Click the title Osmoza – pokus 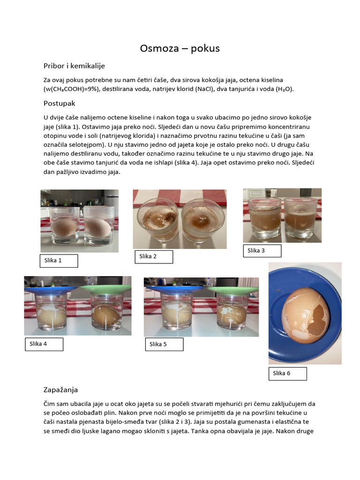click(180, 48)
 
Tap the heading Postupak click(60, 103)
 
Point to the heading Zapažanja click(60, 390)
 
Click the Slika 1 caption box click(59, 261)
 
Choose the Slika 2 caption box click(154, 256)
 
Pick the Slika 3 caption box click(262, 251)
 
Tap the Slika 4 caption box click(44, 344)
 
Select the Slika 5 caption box click(163, 345)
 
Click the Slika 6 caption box click(287, 374)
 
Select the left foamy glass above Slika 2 click(157, 220)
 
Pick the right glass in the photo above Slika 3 click(301, 217)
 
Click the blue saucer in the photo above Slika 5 click(178, 289)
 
